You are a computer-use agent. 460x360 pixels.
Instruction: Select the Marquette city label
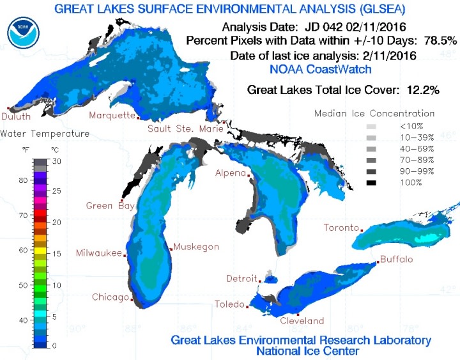tap(112, 116)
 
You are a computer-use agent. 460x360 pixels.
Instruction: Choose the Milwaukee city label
tap(98, 253)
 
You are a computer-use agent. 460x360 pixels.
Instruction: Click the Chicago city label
tap(110, 297)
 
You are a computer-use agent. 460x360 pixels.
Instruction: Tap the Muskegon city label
tap(197, 247)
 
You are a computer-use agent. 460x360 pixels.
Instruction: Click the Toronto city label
tap(341, 228)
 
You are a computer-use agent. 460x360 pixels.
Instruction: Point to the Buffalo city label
tap(395, 259)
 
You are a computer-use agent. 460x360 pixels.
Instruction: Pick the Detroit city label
tap(241, 279)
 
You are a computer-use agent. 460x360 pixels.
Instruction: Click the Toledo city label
tap(228, 304)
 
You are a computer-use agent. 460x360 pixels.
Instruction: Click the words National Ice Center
tap(300, 351)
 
